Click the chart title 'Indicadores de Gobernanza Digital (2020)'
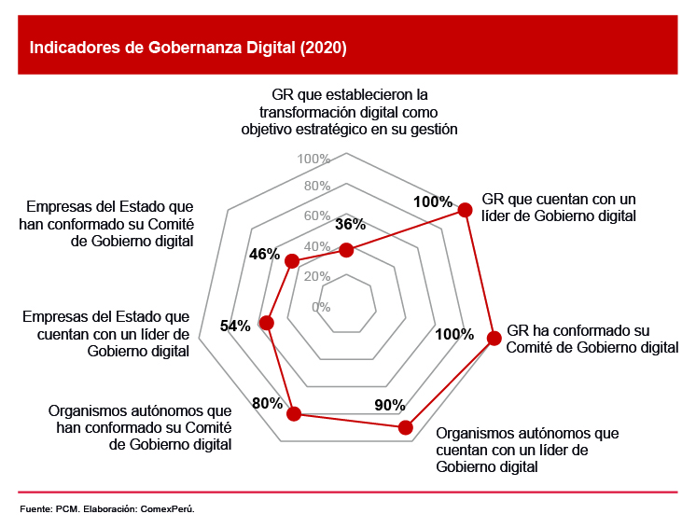[x=188, y=49]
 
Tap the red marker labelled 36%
[x=347, y=249]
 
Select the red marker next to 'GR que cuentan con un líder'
[x=465, y=211]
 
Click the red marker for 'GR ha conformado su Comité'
[x=494, y=339]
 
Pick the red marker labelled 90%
[x=405, y=427]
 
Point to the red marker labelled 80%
[x=294, y=414]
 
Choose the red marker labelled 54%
[x=267, y=324]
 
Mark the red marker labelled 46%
[x=292, y=261]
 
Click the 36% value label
[x=350, y=225]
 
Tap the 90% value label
[x=389, y=405]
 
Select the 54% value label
[x=235, y=326]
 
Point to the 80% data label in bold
[x=267, y=404]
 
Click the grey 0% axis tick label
[x=321, y=307]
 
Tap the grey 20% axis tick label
[x=317, y=277]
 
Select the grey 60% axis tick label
[x=317, y=216]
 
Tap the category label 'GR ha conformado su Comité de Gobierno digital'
[x=592, y=340]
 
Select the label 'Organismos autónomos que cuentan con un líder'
[x=527, y=450]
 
